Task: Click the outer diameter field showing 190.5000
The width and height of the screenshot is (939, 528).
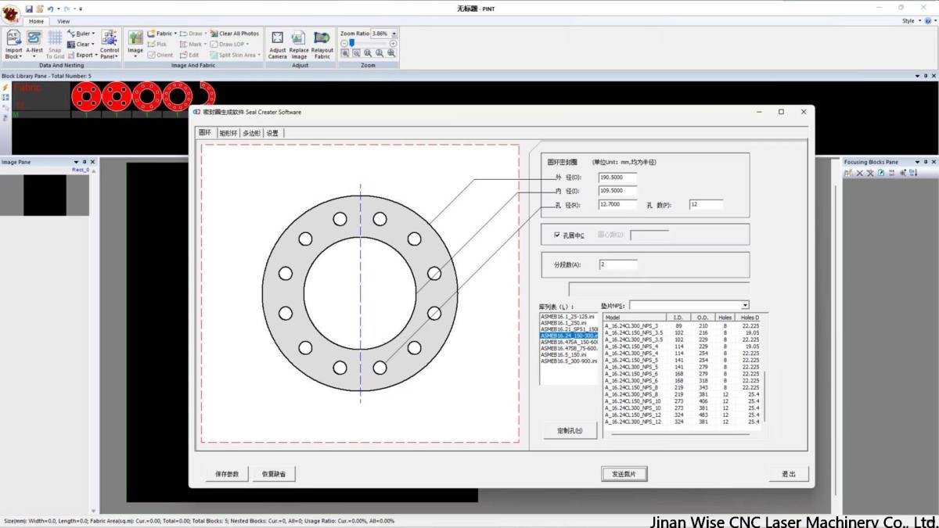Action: (x=617, y=178)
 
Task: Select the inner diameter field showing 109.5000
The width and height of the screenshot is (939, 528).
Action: (x=617, y=191)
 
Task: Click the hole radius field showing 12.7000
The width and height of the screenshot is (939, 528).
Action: (x=617, y=204)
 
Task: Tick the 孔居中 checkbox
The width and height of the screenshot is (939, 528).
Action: (x=557, y=235)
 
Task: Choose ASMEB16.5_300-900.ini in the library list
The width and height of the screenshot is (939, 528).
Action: (x=569, y=361)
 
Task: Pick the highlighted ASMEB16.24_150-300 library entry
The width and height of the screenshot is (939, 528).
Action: (x=569, y=336)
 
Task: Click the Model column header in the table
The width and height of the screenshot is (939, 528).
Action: (x=634, y=318)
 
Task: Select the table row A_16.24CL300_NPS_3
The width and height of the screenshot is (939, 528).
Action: (x=632, y=325)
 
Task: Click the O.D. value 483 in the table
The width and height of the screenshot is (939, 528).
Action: (x=703, y=415)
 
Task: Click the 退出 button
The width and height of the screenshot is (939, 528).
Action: (x=788, y=474)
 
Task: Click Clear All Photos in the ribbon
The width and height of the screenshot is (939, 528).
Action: (x=235, y=34)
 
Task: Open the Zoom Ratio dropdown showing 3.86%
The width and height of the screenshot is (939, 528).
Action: (x=394, y=34)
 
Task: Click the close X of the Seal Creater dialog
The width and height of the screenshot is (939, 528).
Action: (x=804, y=112)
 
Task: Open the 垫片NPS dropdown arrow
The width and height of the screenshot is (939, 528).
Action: (x=744, y=305)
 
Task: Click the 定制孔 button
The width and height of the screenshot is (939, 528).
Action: (x=569, y=430)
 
